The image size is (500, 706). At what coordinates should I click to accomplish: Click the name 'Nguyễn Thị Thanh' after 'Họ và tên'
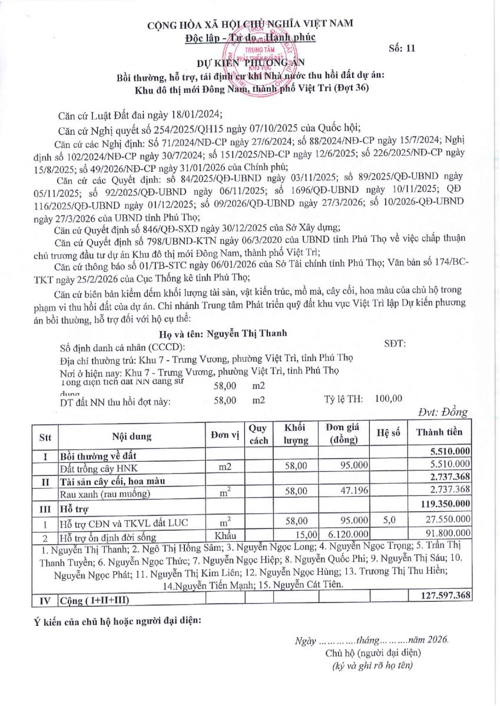pyautogui.click(x=247, y=333)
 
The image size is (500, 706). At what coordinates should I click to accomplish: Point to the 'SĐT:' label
pyautogui.click(x=394, y=344)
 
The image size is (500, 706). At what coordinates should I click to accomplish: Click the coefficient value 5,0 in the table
pyautogui.click(x=389, y=521)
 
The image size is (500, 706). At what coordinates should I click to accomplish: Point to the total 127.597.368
pyautogui.click(x=446, y=596)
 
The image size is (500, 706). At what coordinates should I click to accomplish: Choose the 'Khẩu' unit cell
pyautogui.click(x=225, y=534)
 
